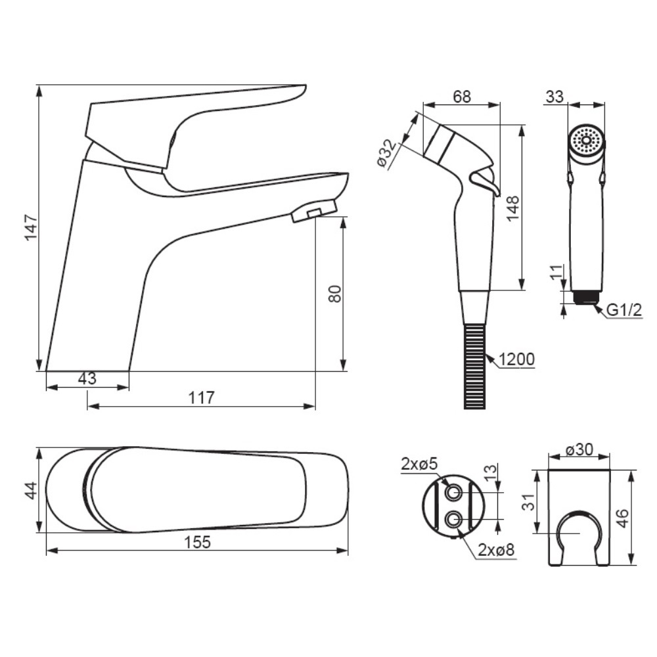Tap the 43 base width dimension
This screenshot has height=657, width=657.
(x=87, y=378)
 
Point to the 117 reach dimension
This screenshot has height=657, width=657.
(x=202, y=397)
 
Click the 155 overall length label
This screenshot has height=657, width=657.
(x=197, y=542)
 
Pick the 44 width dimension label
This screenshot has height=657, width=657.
(x=32, y=491)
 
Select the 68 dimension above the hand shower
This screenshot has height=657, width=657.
(x=462, y=97)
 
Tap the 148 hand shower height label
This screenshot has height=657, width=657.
(x=512, y=208)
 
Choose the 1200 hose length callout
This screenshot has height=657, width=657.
(x=516, y=359)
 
